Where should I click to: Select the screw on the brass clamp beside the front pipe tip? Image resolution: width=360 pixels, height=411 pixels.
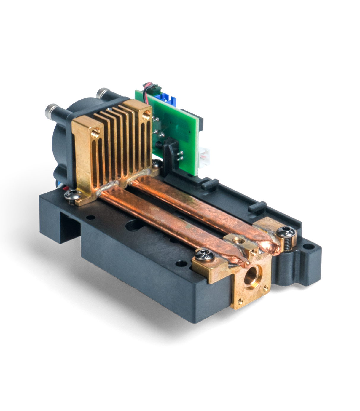204,254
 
